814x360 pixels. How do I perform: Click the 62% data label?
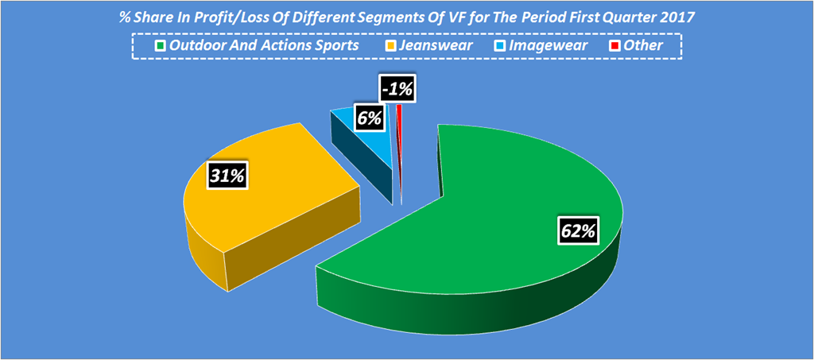coord(578,232)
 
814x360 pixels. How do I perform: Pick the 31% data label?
coord(227,176)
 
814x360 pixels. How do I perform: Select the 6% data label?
coord(370,118)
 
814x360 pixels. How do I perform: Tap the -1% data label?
coord(396,90)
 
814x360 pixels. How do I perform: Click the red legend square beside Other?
coord(614,46)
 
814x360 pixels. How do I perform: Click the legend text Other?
coord(643,45)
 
